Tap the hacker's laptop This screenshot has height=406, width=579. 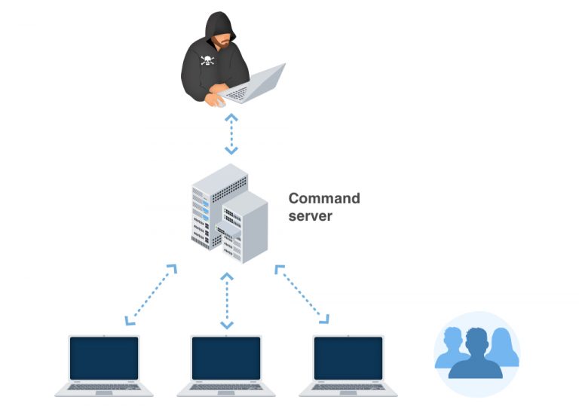256,85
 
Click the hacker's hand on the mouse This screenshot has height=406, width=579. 217,100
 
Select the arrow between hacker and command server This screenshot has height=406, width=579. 231,134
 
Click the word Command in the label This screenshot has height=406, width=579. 324,199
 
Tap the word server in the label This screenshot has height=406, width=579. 310,215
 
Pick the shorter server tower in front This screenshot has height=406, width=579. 243,226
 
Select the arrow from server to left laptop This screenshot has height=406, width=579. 151,295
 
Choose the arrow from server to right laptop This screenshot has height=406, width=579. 302,294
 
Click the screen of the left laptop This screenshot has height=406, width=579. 104,358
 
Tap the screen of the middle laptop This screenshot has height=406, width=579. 226,358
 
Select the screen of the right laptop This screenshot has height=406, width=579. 348,358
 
